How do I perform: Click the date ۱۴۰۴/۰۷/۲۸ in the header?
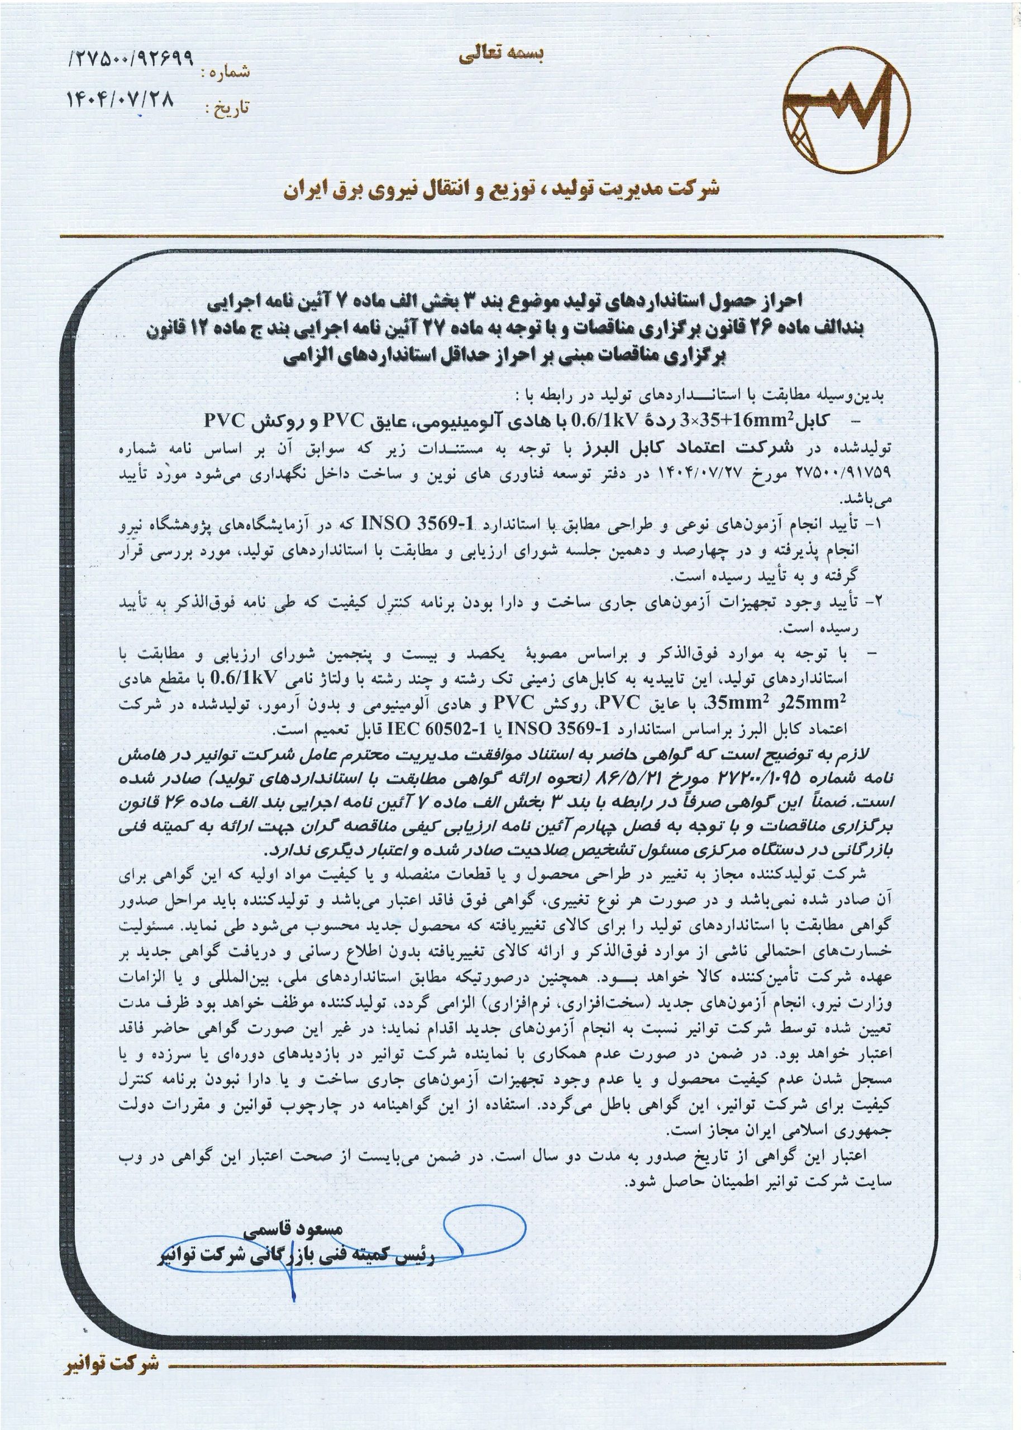(x=120, y=99)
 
